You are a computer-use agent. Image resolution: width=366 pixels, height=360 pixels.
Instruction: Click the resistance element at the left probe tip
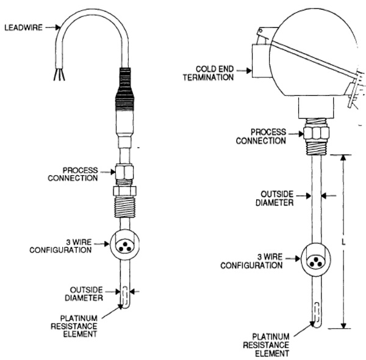coord(123,298)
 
